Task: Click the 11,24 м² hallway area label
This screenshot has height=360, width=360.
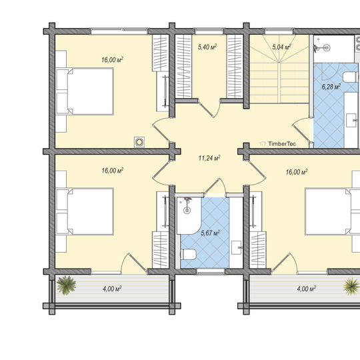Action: coord(209,158)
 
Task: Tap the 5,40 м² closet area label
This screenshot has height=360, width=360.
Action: coord(207,47)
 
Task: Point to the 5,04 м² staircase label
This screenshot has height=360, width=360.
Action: coord(281,47)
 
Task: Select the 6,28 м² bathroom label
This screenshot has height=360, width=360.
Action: coord(331,87)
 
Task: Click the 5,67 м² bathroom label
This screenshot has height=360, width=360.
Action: coord(210,233)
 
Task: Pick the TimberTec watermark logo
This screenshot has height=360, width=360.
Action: coord(277,144)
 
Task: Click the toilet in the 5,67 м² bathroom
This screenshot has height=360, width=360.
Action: coord(188,255)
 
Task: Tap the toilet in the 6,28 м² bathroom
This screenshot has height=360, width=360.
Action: coord(351,77)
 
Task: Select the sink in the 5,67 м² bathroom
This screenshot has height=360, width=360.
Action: coord(236,247)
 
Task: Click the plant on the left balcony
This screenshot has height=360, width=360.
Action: coord(66,285)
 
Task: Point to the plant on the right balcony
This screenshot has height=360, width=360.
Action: coord(351,286)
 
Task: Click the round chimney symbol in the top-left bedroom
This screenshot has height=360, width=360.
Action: coord(139,142)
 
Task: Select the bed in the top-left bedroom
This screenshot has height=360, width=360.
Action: coord(85,91)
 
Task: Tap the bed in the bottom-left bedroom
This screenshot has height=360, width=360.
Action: coord(85,211)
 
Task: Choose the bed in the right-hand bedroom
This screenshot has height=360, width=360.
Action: coord(332,211)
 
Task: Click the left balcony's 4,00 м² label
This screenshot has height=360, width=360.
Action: coord(112,289)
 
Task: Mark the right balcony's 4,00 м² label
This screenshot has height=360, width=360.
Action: coord(306,289)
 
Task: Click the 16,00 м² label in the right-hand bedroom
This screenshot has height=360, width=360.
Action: coord(297,172)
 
